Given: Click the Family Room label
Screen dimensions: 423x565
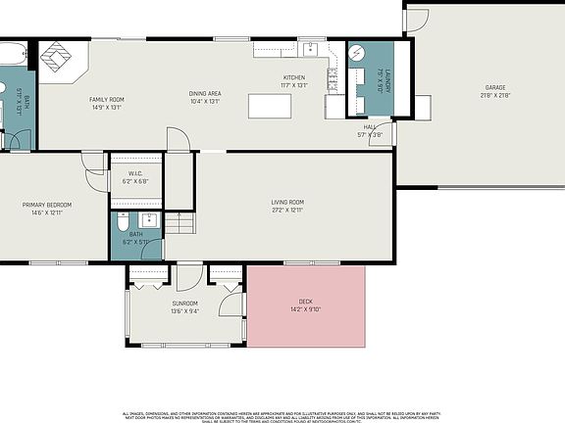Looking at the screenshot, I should pos(106,100).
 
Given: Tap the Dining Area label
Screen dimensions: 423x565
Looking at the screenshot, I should pos(205,94).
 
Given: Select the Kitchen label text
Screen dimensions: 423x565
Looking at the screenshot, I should pos(294,78).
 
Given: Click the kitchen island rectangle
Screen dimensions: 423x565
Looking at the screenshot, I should pos(275,105).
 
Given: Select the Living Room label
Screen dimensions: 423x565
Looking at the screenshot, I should pos(288,203).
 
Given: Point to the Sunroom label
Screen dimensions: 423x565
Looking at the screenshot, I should pos(184,304).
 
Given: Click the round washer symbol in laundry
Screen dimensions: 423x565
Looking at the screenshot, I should pos(358,53).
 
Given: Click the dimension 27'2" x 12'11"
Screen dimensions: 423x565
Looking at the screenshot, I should pos(288,211).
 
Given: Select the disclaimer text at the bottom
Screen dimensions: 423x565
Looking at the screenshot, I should pos(282,416).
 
